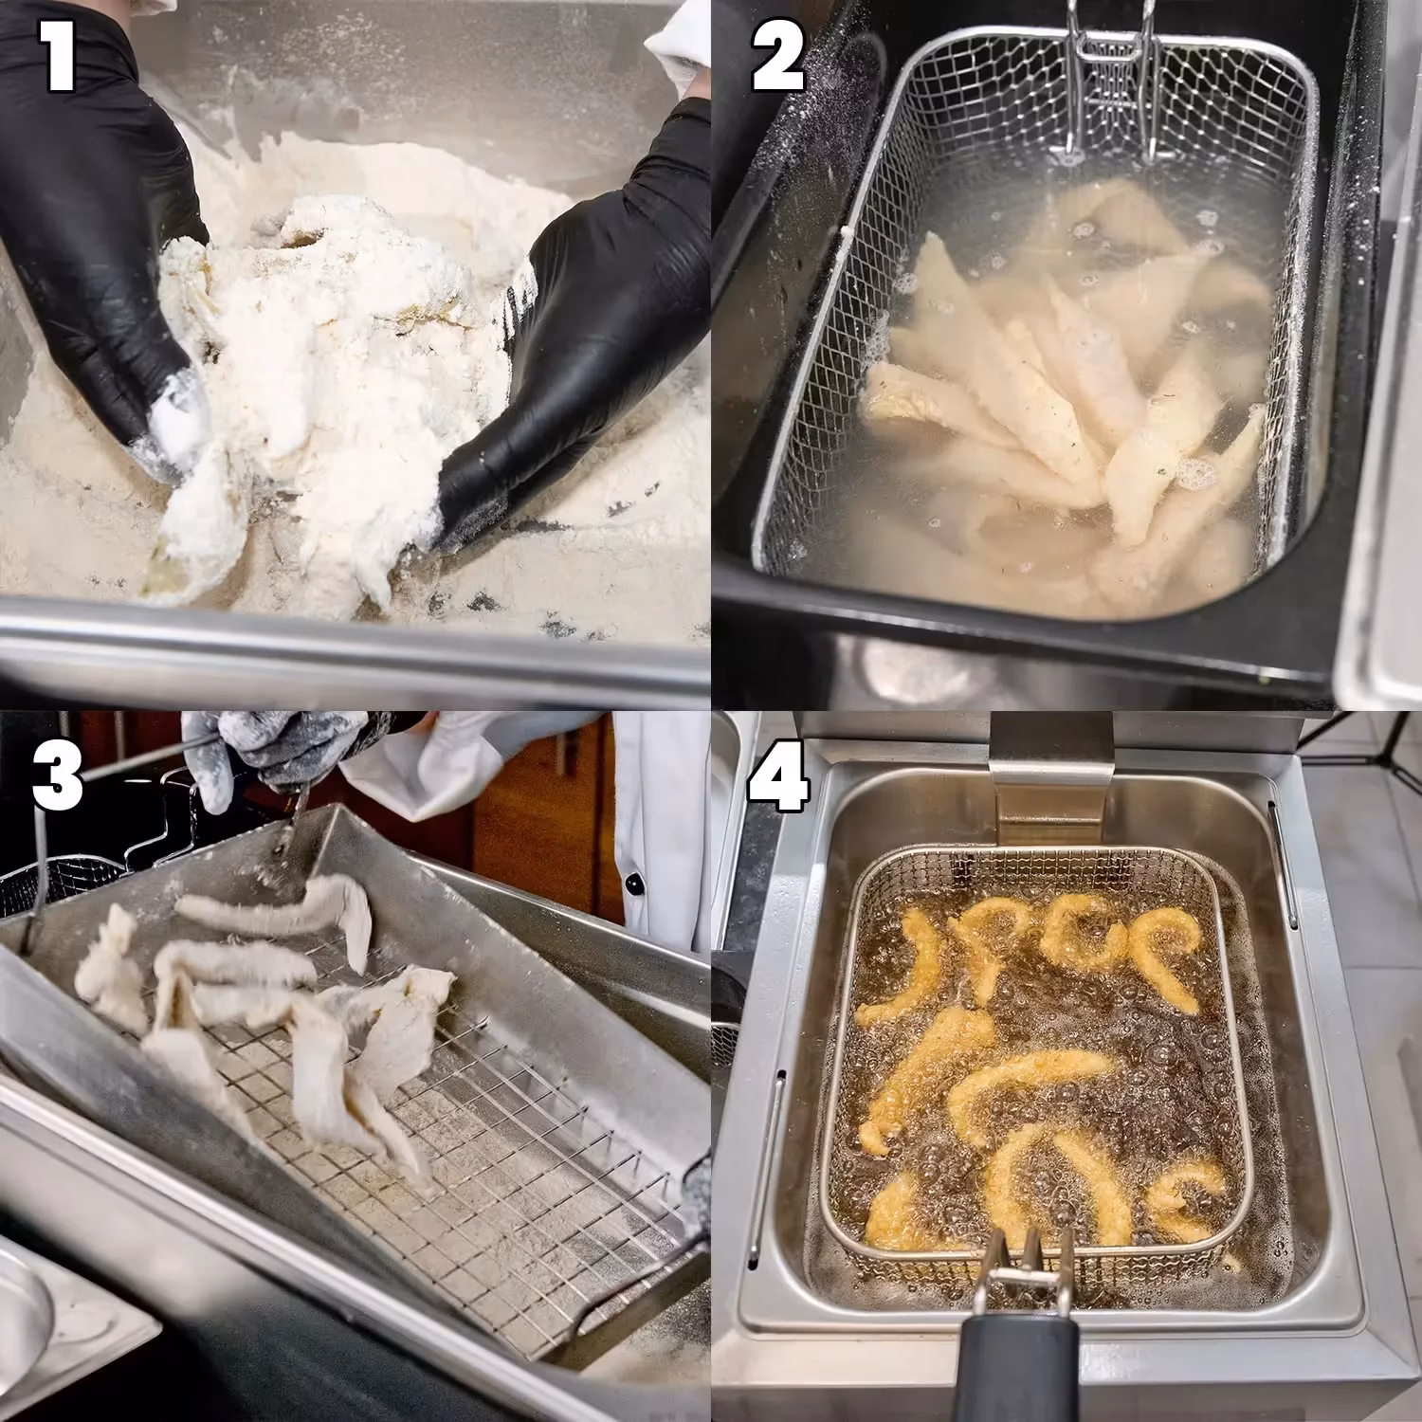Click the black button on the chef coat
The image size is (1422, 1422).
632,886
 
